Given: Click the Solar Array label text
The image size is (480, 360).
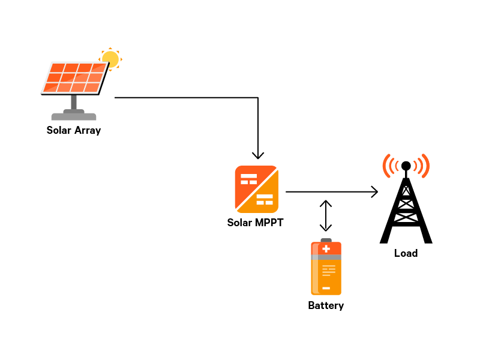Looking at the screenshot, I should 73,130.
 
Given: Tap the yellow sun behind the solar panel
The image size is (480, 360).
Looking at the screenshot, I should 110,59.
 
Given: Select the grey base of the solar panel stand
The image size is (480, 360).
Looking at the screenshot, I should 74,116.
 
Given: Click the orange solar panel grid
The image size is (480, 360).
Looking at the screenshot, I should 74,78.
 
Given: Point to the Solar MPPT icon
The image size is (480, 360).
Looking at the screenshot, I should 256,189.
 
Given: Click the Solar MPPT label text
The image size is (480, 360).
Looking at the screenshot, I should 255,223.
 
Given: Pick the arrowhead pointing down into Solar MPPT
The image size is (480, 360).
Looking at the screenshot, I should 258,154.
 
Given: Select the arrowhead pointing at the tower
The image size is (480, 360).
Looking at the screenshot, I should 374,192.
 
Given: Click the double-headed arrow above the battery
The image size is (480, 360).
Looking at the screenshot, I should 325,215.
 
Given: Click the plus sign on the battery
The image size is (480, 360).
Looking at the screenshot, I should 326,248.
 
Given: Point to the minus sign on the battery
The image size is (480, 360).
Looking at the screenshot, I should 326,288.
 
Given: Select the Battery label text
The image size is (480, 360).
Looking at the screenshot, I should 326,305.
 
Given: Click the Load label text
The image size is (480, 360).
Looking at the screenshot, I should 406,253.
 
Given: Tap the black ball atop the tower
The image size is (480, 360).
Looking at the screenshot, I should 406,166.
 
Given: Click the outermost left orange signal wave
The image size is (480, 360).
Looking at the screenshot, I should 385,166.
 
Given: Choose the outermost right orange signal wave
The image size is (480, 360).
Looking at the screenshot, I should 427,166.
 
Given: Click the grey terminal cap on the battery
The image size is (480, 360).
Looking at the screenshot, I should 326,240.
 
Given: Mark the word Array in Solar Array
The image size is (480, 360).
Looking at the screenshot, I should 88,130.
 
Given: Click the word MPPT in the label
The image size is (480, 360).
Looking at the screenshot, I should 268,223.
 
